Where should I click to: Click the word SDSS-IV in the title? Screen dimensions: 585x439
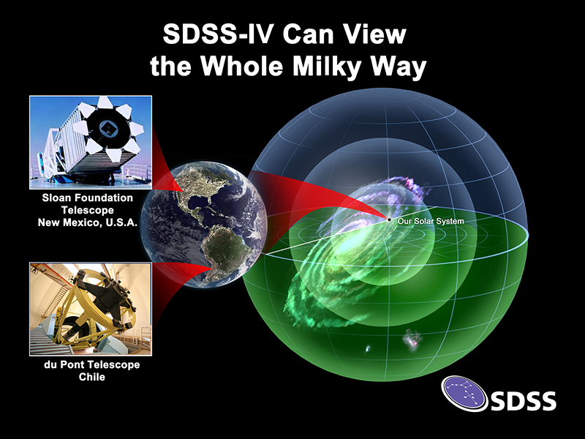219,34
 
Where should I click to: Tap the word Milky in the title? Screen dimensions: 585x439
326,67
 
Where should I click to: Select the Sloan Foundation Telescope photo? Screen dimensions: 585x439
91,142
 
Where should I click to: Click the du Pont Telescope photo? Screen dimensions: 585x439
91,309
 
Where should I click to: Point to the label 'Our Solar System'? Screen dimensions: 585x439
431,221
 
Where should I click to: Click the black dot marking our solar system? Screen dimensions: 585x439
389,220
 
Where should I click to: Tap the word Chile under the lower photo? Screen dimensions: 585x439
92,377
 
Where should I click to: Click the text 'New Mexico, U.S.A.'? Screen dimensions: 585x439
88,223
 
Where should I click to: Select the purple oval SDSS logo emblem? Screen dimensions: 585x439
464,394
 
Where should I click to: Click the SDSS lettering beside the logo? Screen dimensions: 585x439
523,401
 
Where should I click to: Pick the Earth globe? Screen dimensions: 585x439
204,225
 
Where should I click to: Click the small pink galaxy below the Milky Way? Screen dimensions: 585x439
412,339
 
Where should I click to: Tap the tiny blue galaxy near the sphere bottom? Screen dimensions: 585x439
367,349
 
